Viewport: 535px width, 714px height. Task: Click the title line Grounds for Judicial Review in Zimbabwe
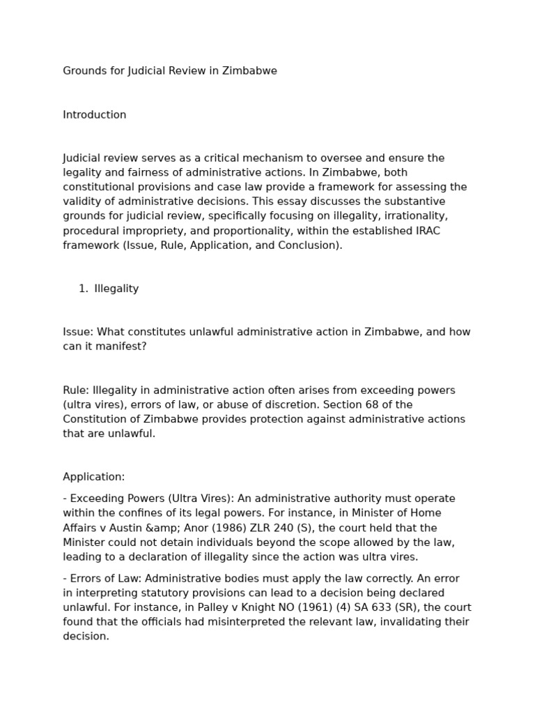click(170, 71)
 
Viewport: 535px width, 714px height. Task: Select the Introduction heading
click(95, 115)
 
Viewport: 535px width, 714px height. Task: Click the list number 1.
click(83, 289)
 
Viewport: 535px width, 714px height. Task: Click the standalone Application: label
click(94, 477)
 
